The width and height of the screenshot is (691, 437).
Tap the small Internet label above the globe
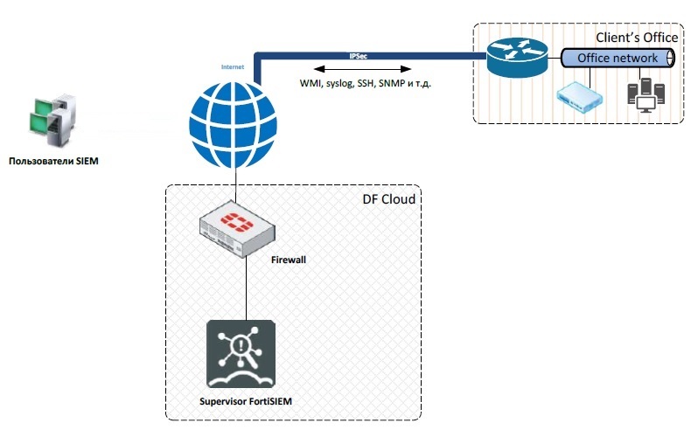232,66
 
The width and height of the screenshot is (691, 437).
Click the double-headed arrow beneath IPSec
358,67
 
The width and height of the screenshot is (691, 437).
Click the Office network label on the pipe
618,58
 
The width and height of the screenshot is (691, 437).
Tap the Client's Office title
636,38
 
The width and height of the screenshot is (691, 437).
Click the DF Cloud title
388,199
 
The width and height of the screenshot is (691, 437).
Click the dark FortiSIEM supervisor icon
241,353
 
